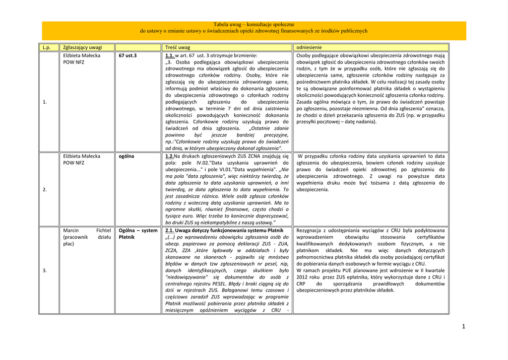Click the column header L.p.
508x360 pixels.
pos(46,47)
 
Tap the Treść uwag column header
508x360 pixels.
pos(177,47)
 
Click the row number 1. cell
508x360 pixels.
pos(45,102)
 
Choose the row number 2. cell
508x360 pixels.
pos(45,189)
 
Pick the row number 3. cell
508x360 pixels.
pos(45,270)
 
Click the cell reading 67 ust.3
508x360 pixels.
pos(127,56)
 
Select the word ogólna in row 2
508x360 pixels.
pos(126,156)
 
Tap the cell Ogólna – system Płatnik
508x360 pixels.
pos(138,234)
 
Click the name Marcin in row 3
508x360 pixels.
pos(72,230)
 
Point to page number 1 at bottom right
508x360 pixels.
pos(463,326)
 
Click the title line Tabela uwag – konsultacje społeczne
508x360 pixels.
pos(254,24)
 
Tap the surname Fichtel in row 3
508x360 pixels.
pos(103,230)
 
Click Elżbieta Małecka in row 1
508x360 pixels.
pos(82,56)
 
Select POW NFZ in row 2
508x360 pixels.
pos(73,162)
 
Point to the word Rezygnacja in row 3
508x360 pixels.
pos(311,230)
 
